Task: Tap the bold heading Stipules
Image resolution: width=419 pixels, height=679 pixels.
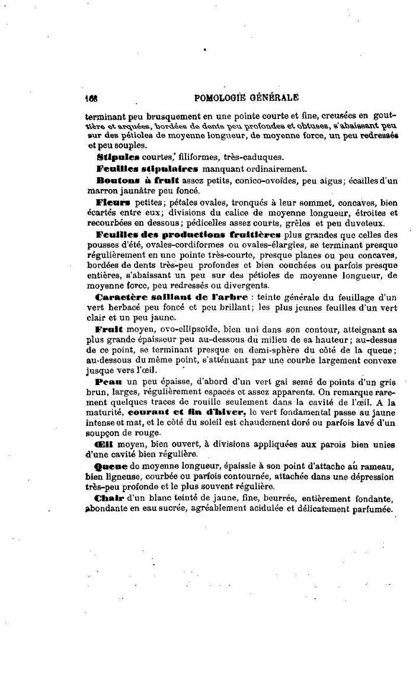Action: pyautogui.click(x=117, y=157)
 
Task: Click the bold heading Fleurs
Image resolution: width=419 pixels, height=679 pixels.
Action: pyautogui.click(x=113, y=201)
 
